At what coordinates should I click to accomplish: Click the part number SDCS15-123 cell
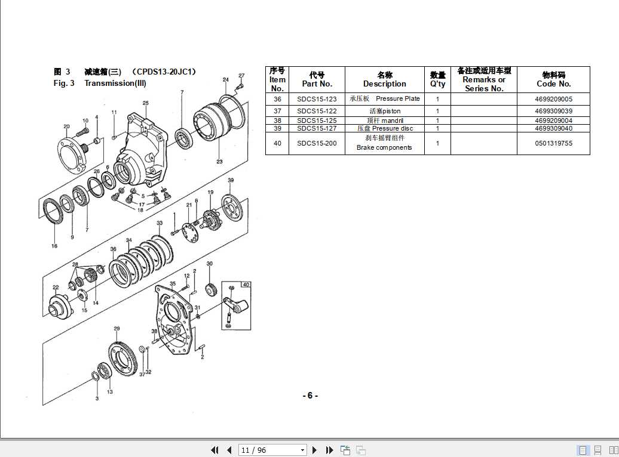pos(317,99)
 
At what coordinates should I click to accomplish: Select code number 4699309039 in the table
pos(553,111)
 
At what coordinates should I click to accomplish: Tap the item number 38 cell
pos(277,121)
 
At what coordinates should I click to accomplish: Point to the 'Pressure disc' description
pos(385,128)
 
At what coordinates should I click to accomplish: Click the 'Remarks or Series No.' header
pos(484,79)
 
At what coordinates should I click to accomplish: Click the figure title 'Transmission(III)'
pos(115,83)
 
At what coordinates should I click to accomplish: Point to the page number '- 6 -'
pos(309,396)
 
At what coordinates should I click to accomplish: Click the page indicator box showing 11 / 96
pos(272,450)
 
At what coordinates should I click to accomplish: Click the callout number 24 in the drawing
pos(226,79)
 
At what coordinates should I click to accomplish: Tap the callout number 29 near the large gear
pos(117,329)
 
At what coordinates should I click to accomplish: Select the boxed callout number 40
pos(246,285)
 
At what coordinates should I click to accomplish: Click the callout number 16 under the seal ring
pos(54,246)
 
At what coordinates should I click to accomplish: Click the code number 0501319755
pos(553,143)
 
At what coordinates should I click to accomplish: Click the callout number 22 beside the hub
pos(55,288)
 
